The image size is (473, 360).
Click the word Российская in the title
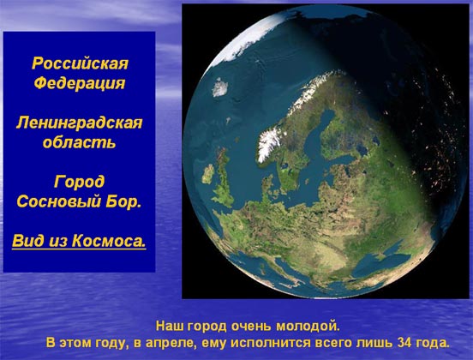point(80,63)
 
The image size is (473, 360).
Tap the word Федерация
point(80,83)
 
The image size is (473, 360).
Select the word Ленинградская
point(79,123)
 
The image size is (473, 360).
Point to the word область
point(79,141)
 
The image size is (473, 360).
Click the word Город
point(80,182)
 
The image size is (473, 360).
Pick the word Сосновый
point(59,201)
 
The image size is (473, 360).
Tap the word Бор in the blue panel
point(123,201)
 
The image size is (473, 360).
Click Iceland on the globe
point(220,87)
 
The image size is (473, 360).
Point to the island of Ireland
point(208,174)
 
